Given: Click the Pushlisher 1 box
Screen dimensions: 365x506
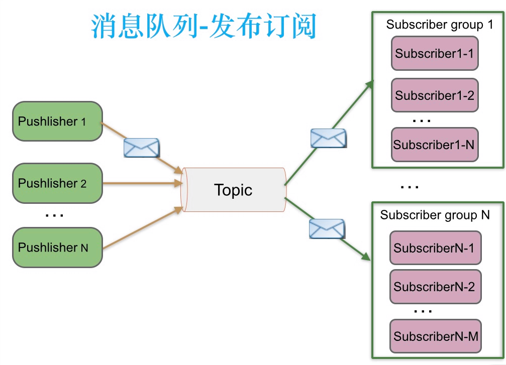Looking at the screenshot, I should click(57, 121).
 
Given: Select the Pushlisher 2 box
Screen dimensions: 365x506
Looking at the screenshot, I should click(57, 183).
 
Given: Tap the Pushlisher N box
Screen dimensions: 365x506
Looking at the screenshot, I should click(57, 247).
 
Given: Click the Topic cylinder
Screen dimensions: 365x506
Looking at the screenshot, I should click(234, 190).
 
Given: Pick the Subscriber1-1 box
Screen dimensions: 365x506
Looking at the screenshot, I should click(435, 53).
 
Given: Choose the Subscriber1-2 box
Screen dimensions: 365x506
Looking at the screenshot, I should click(435, 95).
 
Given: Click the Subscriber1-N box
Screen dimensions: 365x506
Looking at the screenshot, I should click(434, 145).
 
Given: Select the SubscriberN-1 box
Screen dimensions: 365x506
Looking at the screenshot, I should click(435, 248).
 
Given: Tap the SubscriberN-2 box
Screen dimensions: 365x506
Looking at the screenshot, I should click(435, 287).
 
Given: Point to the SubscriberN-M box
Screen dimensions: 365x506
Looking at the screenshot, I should click(436, 336).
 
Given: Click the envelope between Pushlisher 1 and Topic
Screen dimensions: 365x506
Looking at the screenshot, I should click(142, 148).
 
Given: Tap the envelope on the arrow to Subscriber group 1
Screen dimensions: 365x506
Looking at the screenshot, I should click(328, 138).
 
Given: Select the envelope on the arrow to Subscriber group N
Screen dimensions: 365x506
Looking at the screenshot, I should click(327, 228).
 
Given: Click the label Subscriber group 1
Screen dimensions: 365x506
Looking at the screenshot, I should click(439, 25).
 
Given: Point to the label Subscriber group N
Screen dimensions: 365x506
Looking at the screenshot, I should click(435, 215).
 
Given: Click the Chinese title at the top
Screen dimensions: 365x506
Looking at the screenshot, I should click(204, 26).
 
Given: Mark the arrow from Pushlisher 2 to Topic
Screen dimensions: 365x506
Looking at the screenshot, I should click(143, 184).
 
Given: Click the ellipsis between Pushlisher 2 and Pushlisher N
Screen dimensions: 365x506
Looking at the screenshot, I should click(54, 215).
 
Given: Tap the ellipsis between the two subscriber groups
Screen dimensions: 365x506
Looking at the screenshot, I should click(410, 187).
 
